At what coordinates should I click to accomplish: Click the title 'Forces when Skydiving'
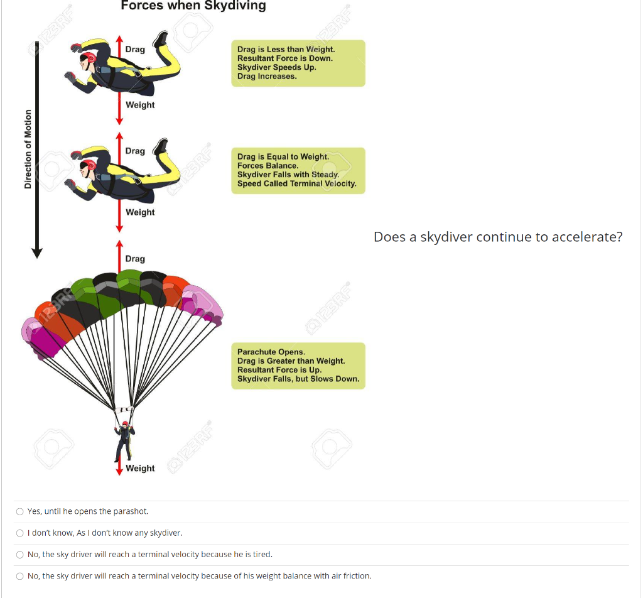click(193, 6)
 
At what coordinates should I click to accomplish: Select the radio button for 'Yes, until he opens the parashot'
click(20, 511)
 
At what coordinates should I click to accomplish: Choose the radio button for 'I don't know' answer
click(20, 533)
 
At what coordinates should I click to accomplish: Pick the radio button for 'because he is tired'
click(20, 555)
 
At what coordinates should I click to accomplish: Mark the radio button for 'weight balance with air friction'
click(20, 576)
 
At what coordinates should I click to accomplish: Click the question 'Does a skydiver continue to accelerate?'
click(498, 237)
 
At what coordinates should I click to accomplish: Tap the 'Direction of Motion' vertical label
click(28, 149)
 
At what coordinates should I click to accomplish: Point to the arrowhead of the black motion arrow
click(37, 253)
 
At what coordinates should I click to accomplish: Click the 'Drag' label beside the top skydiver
click(135, 50)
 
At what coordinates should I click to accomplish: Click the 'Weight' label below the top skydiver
click(140, 105)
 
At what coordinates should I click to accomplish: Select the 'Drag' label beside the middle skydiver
click(135, 151)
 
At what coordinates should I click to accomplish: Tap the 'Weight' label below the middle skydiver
click(140, 212)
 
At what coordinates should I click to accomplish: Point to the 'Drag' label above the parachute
click(135, 259)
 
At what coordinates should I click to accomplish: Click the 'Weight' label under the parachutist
click(140, 468)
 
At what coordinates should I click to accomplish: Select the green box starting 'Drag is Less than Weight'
click(298, 63)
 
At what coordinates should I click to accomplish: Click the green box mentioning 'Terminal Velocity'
click(298, 170)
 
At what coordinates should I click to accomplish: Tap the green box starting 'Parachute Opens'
click(298, 366)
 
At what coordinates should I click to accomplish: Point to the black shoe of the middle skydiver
click(161, 146)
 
